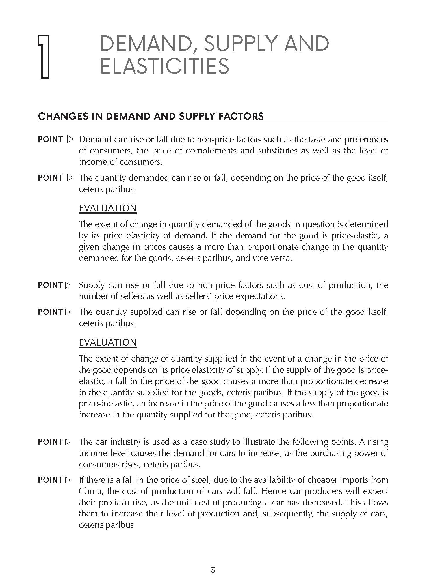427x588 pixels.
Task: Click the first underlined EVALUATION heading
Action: pyautogui.click(x=107, y=208)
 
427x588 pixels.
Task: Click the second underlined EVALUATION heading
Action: pyautogui.click(x=107, y=342)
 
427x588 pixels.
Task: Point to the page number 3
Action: pyautogui.click(x=213, y=570)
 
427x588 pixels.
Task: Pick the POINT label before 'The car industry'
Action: pyautogui.click(x=50, y=442)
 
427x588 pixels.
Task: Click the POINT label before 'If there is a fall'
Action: pyautogui.click(x=50, y=480)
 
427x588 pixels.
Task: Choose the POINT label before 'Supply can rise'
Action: pyautogui.click(x=50, y=285)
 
